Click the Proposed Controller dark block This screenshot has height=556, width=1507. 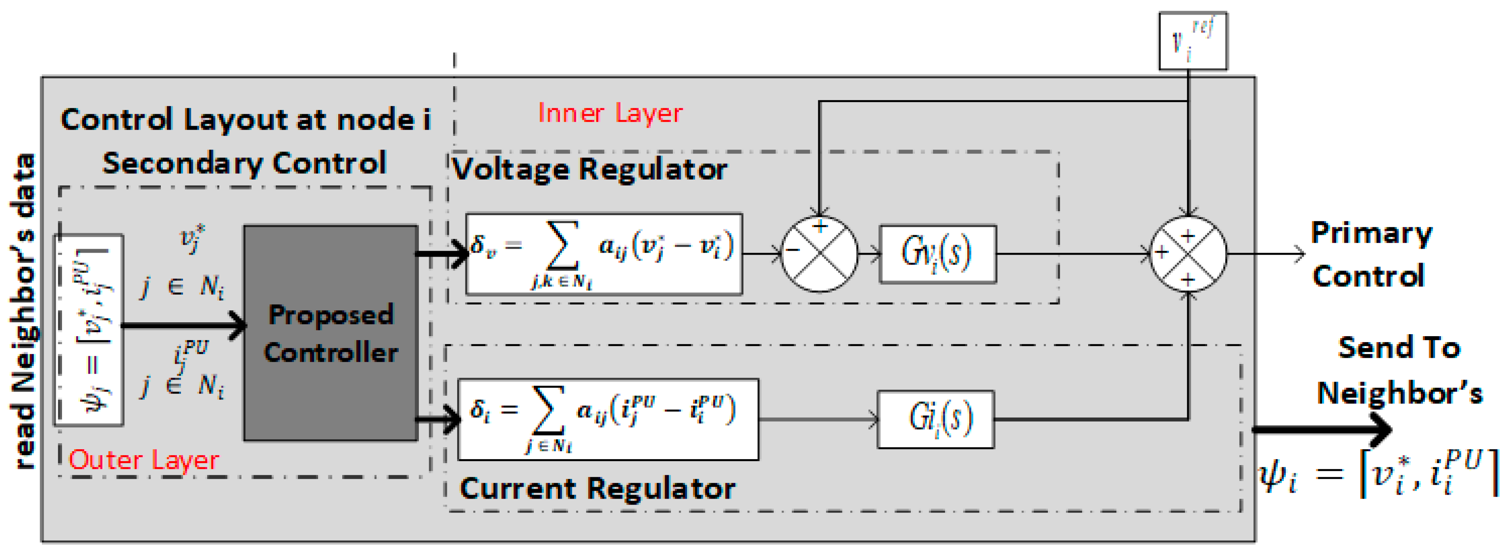[x=331, y=333]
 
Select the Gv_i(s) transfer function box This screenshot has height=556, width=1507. [x=937, y=254]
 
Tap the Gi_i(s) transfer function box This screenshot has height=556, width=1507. [x=935, y=419]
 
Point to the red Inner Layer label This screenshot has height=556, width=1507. [x=610, y=113]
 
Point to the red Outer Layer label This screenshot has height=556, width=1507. [x=144, y=460]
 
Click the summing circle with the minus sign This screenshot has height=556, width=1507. [x=819, y=254]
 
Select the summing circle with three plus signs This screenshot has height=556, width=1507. [x=1188, y=254]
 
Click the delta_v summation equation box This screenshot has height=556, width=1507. [x=604, y=254]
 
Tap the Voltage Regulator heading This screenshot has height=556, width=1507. [x=590, y=170]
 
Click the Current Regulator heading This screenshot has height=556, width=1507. [x=597, y=488]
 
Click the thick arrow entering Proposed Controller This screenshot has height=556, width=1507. [x=184, y=325]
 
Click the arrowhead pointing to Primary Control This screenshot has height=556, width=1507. [x=1299, y=254]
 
